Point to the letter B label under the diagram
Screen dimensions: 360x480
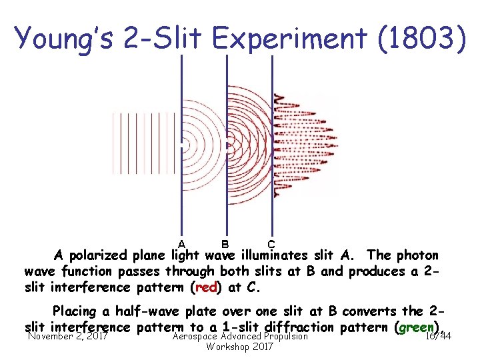click(x=225, y=243)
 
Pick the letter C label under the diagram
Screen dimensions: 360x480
click(x=271, y=244)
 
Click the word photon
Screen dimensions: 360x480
click(x=418, y=255)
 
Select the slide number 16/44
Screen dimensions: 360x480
click(x=438, y=337)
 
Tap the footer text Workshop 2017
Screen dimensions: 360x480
click(x=239, y=347)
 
